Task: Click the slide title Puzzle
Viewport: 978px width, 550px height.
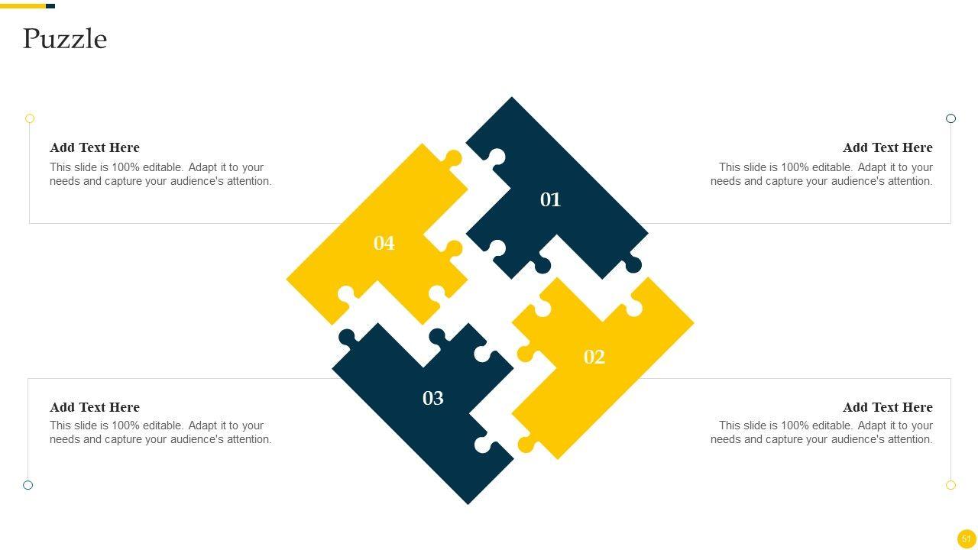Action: (65, 39)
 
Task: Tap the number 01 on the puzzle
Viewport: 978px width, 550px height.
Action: (550, 200)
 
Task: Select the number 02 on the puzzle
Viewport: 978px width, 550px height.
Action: (594, 357)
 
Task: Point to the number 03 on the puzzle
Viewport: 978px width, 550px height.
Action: (432, 398)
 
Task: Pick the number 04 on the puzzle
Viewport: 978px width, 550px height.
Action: (384, 243)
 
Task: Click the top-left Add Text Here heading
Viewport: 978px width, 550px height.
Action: (94, 147)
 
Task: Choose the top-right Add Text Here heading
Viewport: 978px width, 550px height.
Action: (888, 147)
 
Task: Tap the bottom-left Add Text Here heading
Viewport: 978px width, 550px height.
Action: (94, 407)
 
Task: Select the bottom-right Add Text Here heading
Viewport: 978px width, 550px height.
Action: (888, 407)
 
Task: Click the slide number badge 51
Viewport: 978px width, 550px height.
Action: (967, 539)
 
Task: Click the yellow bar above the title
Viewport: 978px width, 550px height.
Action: (23, 6)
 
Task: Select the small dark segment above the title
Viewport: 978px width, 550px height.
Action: (50, 6)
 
